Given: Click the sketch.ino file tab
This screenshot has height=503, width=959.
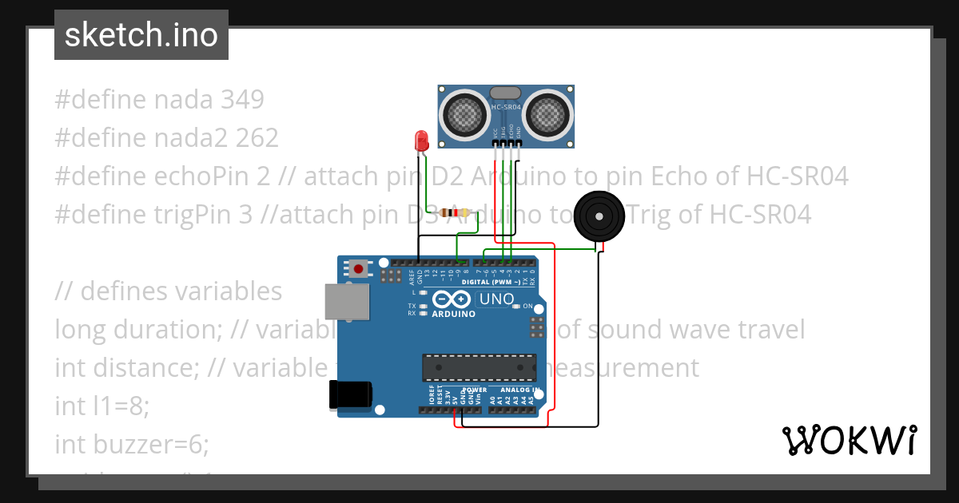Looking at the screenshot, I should click(x=141, y=35).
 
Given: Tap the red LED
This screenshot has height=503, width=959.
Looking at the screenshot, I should click(x=421, y=142).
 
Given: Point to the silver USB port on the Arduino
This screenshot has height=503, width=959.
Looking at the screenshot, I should click(x=347, y=304).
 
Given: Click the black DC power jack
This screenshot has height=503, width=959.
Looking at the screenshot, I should click(x=351, y=395).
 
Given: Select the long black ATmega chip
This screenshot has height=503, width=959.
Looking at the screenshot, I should click(x=479, y=366).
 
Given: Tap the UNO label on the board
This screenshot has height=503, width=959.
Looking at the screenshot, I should click(x=495, y=299).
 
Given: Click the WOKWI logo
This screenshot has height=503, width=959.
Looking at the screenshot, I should click(x=849, y=440).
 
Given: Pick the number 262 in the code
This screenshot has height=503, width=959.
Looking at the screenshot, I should click(x=257, y=138).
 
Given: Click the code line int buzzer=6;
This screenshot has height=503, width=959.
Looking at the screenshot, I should click(x=132, y=444).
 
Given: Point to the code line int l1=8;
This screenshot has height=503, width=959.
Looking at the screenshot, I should click(x=102, y=406).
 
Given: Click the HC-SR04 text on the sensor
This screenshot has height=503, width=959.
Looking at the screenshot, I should click(x=506, y=106).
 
